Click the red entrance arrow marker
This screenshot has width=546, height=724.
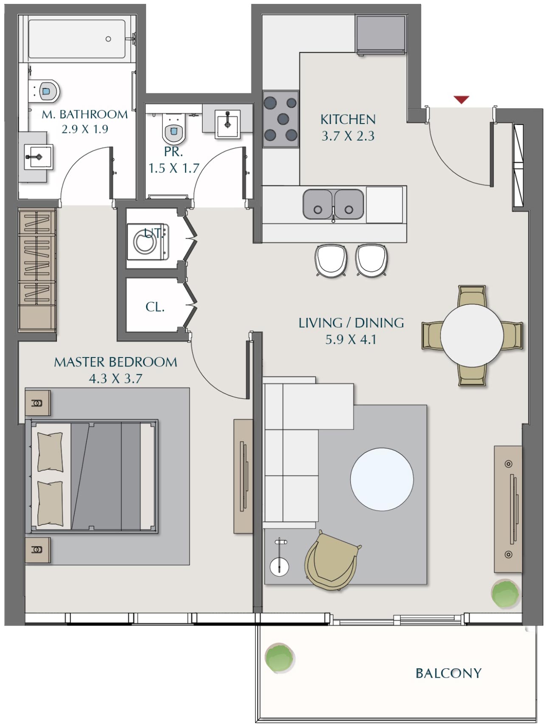click(461, 100)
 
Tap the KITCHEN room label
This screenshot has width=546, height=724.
click(348, 119)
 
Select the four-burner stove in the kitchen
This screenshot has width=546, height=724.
click(281, 119)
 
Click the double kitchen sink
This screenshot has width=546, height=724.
click(333, 205)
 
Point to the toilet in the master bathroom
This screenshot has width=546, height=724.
click(48, 90)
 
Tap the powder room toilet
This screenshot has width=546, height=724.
click(174, 130)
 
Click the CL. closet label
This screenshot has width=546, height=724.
click(155, 307)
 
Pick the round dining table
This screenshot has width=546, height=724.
click(472, 335)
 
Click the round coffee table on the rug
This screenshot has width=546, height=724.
click(382, 479)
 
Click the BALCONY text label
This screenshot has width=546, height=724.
click(448, 673)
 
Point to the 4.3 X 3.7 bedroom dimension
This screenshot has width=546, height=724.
click(115, 378)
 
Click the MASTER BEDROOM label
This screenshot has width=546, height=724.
click(115, 362)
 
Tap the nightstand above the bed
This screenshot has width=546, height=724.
click(37, 403)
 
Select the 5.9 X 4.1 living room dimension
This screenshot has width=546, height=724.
click(351, 340)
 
